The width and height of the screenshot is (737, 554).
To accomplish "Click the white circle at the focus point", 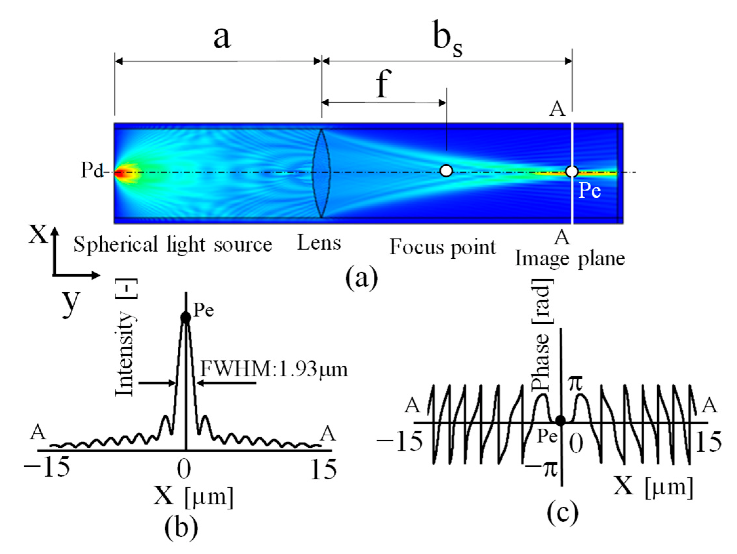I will [446, 171].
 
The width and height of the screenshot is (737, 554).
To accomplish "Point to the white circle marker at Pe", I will [572, 172].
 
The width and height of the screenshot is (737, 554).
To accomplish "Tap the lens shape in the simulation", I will [321, 173].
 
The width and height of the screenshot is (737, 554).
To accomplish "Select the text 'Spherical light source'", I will [172, 244].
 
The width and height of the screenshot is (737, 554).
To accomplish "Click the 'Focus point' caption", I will [443, 247].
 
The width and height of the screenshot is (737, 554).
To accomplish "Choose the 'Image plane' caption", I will [570, 259].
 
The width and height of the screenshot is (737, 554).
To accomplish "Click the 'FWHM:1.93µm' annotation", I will [274, 369].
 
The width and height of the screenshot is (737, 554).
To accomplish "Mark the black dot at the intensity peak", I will [186, 318].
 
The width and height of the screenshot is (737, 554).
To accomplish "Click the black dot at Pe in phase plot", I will [561, 421].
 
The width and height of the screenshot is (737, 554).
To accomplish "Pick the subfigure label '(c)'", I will [563, 514].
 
